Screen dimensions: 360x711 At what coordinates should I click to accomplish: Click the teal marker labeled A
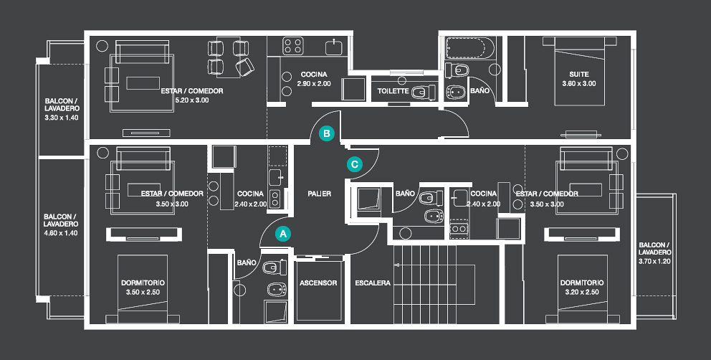283,233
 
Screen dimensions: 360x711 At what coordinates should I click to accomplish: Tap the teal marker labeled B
326,133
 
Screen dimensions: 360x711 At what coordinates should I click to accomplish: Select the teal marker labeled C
354,164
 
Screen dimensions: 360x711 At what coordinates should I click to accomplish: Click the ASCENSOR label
318,283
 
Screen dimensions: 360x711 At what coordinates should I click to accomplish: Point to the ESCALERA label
373,283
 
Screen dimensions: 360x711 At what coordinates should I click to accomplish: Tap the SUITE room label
579,74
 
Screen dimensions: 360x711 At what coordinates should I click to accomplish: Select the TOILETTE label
393,92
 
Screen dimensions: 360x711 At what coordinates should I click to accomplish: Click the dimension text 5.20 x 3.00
191,101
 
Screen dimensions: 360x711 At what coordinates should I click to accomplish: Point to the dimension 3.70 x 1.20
655,261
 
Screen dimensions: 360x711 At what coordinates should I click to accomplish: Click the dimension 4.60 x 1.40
61,233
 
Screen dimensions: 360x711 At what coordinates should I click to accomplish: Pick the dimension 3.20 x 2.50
581,293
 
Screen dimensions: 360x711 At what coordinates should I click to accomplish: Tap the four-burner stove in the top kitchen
292,47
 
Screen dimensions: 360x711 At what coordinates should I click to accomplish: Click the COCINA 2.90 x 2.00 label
314,79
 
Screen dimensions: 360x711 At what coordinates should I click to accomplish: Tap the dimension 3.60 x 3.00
579,84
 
